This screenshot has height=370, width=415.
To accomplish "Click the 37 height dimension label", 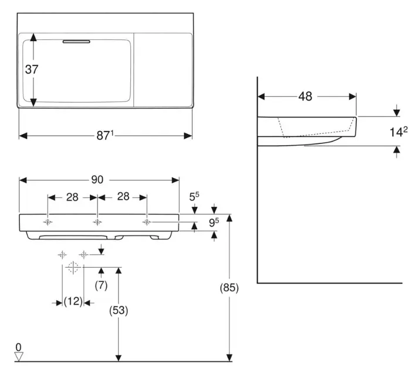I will click(x=32, y=69).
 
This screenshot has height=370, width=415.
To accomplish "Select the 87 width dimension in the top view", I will click(x=105, y=136).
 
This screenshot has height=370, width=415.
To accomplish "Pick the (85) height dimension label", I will click(x=229, y=288).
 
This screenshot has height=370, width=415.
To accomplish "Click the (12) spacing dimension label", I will click(x=73, y=302).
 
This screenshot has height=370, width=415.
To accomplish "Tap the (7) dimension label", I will click(x=102, y=285).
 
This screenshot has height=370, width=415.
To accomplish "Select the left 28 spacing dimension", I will click(x=72, y=197).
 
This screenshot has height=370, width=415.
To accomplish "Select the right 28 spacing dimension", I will click(x=123, y=197).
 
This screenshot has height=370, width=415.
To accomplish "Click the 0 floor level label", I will click(x=18, y=347).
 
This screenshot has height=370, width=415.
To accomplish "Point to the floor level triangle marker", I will click(x=18, y=356).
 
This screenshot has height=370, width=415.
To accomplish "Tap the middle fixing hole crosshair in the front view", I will click(x=97, y=222).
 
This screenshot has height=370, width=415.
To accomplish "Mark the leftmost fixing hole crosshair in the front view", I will click(x=48, y=222).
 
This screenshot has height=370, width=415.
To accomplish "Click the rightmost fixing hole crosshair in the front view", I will click(x=147, y=222).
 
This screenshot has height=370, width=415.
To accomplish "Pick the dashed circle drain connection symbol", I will click(x=73, y=268).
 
